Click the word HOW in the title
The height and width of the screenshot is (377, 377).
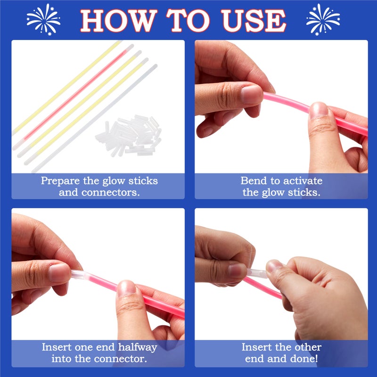(x=117, y=20)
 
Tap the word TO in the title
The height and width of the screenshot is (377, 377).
(x=193, y=20)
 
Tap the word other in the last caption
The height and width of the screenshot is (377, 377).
(x=306, y=347)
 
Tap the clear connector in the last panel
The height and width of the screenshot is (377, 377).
(x=257, y=272)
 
